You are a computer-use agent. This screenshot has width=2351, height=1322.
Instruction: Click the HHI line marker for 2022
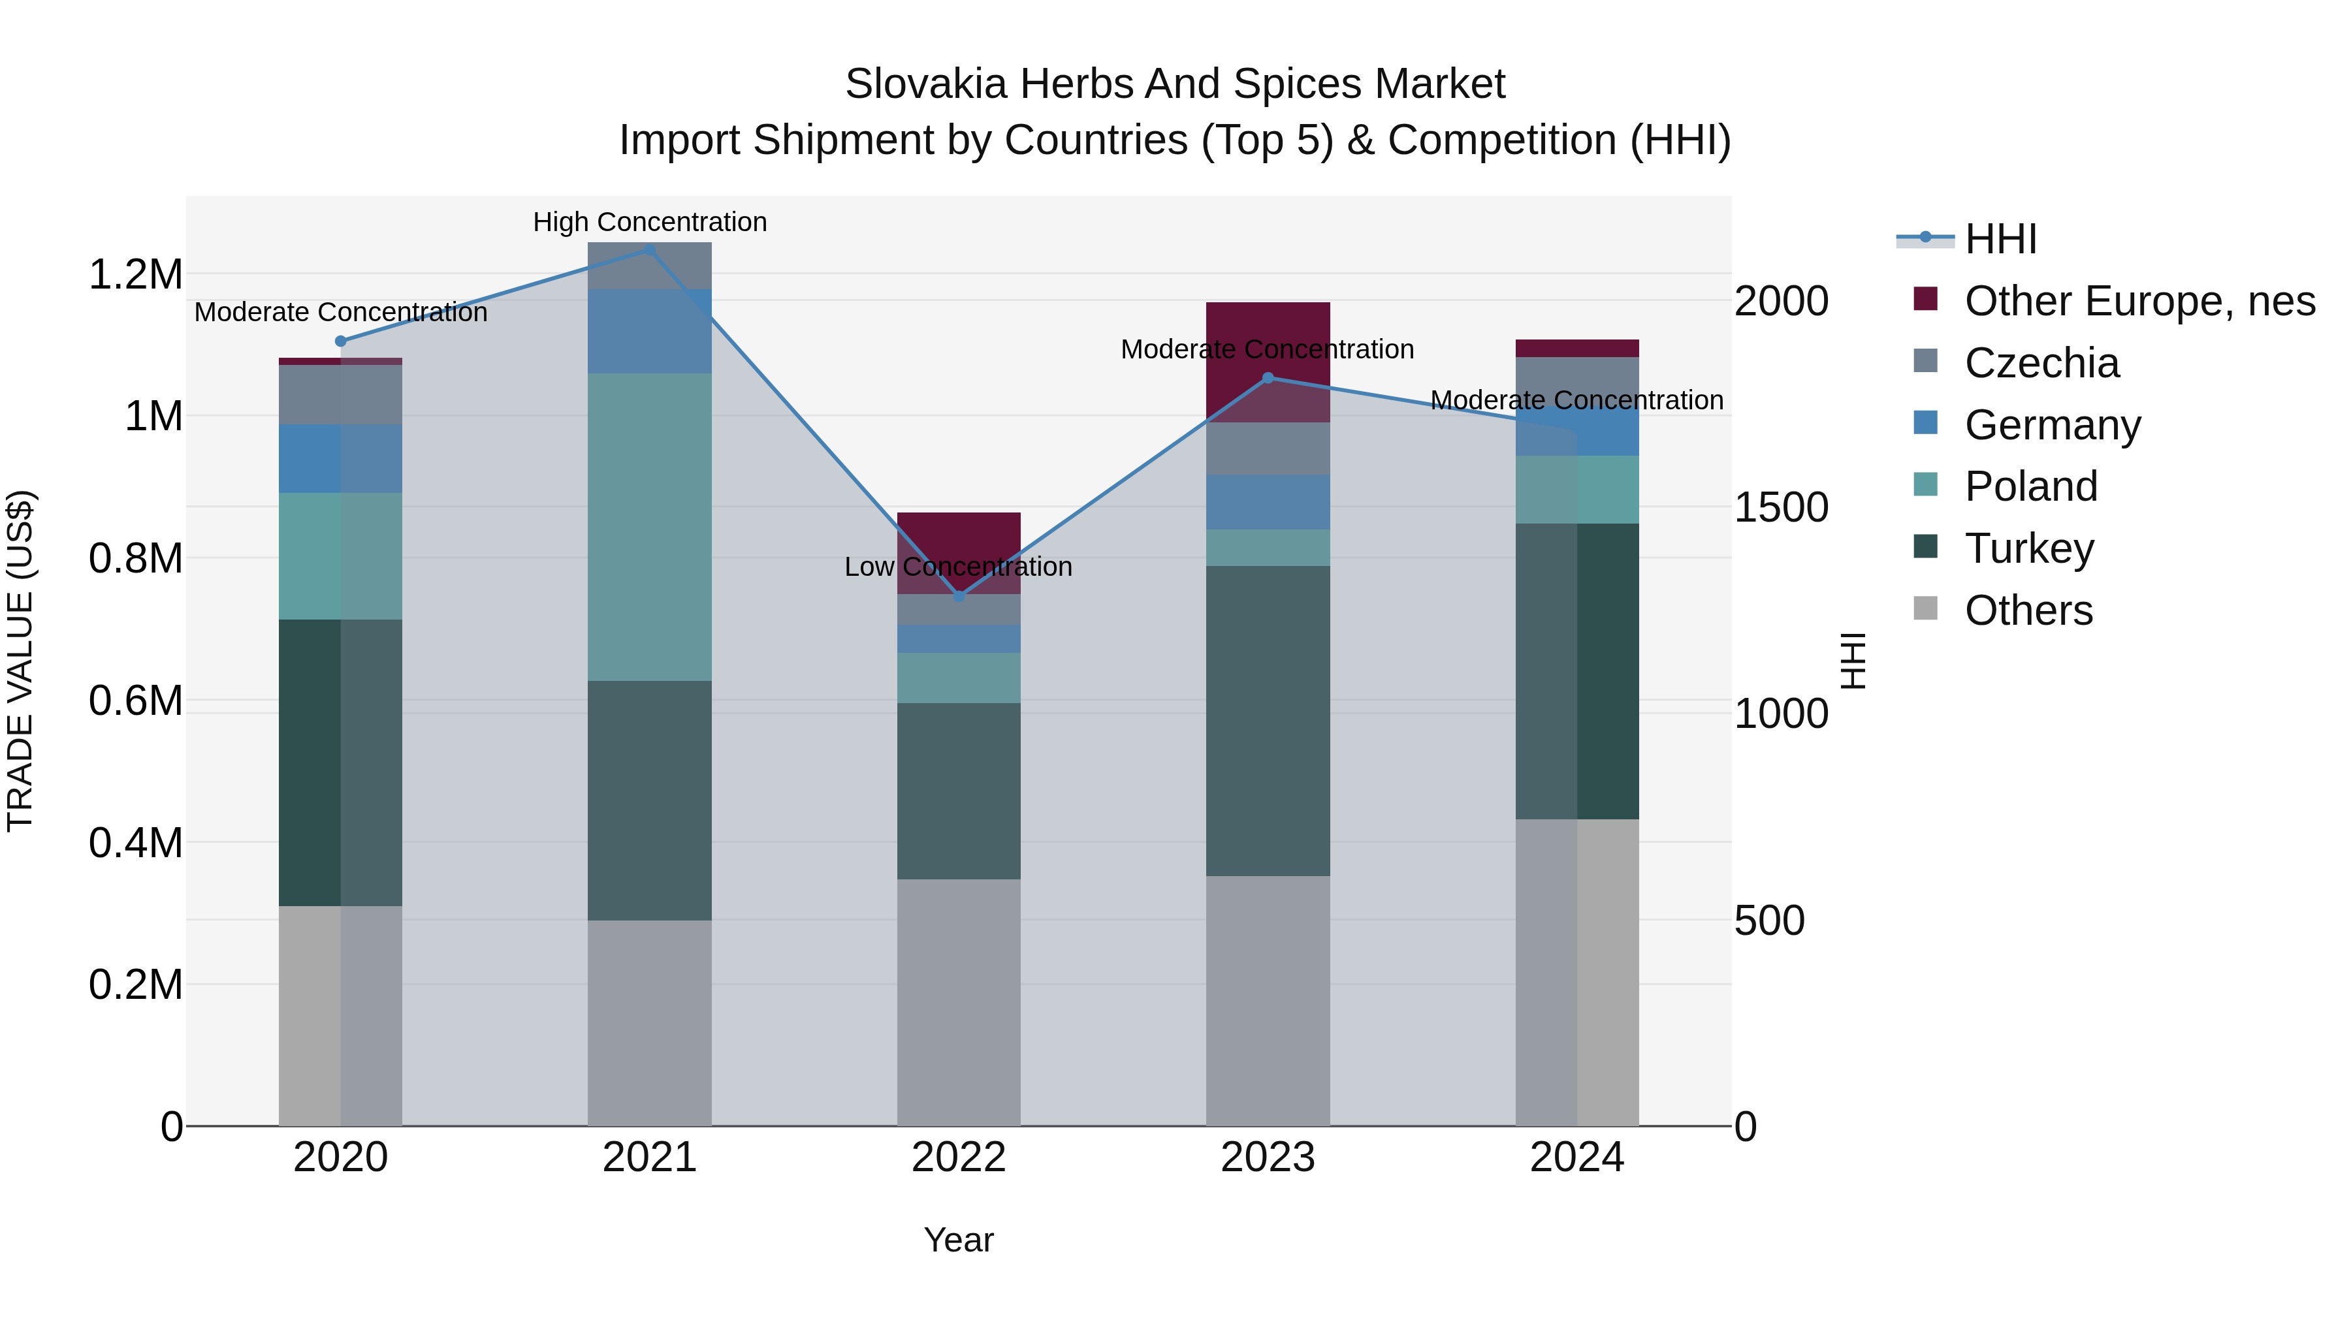[x=958, y=597]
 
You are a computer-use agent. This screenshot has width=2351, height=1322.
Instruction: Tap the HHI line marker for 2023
[x=1268, y=378]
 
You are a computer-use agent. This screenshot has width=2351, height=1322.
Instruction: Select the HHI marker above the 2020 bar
[x=340, y=341]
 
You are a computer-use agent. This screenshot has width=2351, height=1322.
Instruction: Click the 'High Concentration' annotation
[x=650, y=222]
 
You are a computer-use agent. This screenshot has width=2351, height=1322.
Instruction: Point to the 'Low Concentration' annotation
[x=958, y=567]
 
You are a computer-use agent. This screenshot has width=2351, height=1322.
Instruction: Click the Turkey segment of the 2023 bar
[x=1268, y=721]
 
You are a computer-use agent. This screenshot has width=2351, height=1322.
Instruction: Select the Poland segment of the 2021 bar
[x=650, y=526]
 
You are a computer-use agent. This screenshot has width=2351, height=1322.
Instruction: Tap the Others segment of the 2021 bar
[x=650, y=1022]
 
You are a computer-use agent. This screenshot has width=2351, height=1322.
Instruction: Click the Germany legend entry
[x=2052, y=425]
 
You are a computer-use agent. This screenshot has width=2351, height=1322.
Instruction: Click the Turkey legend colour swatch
[x=1926, y=546]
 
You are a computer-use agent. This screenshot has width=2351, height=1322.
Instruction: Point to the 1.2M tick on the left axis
[x=135, y=275]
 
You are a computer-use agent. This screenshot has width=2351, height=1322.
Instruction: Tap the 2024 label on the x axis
[x=1576, y=1157]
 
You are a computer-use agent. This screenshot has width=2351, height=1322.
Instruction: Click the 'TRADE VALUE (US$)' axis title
[x=20, y=661]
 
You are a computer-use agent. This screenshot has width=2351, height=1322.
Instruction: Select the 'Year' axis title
[x=958, y=1240]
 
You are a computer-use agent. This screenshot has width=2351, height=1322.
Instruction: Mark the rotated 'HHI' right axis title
[x=1853, y=661]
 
